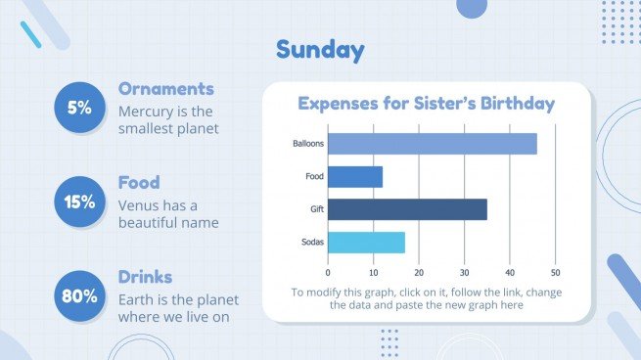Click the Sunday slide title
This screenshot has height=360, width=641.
click(320, 50)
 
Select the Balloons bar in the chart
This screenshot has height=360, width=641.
click(432, 144)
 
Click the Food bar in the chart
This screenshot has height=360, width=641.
click(354, 176)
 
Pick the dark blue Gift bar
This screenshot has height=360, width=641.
click(406, 209)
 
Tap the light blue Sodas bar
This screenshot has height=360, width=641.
click(365, 242)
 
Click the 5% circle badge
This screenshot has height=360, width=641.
click(79, 109)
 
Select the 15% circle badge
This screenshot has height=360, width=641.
click(79, 202)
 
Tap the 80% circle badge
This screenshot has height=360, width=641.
click(79, 295)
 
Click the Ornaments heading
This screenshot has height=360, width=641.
click(165, 89)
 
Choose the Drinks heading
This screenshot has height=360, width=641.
click(145, 277)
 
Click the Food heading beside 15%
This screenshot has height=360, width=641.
click(139, 183)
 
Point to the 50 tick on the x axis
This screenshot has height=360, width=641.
click(555, 272)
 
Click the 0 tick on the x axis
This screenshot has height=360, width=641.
click(328, 272)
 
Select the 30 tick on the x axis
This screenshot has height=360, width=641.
click(464, 272)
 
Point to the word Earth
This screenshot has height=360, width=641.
click(136, 299)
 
